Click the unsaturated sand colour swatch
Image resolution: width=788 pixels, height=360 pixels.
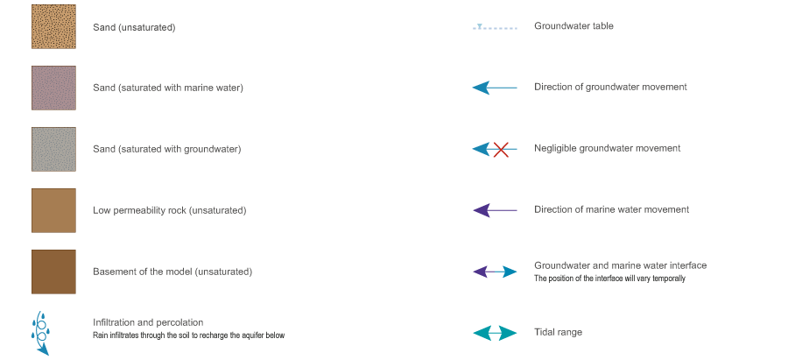(53, 27)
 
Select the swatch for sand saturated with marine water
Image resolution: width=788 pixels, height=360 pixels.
(53, 88)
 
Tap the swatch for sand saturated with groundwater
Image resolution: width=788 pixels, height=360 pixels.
(53, 149)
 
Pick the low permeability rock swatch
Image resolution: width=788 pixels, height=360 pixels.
(53, 210)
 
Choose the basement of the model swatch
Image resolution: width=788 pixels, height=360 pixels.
(53, 272)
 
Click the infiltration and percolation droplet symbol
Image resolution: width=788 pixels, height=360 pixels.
(40, 334)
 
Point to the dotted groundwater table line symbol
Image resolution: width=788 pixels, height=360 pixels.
(495, 27)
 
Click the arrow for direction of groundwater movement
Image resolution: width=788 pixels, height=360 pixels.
(495, 88)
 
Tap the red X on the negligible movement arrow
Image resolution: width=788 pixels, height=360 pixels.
(501, 149)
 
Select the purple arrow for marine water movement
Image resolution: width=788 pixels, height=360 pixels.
(495, 210)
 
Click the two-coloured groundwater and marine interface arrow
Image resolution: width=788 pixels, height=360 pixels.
(495, 272)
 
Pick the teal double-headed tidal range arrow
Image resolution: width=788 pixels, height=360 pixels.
(495, 333)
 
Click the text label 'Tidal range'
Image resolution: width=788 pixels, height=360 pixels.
(558, 333)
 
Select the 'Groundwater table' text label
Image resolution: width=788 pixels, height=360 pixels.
(573, 26)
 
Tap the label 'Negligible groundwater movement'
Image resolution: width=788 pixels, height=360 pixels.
(607, 149)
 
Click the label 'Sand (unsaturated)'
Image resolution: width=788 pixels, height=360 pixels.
(134, 27)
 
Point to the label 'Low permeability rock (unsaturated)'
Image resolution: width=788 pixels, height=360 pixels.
(169, 210)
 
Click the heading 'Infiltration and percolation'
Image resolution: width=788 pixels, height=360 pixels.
(148, 322)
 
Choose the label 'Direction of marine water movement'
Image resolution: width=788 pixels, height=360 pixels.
(611, 210)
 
